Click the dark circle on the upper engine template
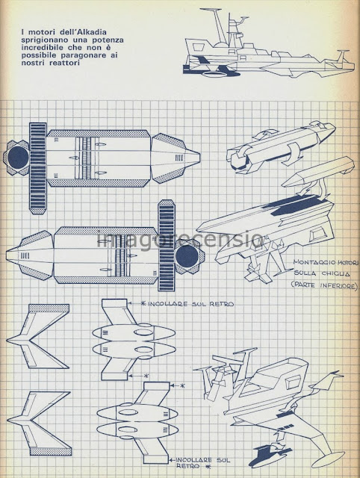[19, 158]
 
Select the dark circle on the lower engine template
[187, 255]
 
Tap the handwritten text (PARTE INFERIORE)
[323, 285]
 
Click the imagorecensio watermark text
[180, 240]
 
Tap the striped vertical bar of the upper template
[38, 168]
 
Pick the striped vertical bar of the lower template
[167, 246]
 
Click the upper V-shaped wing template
[38, 336]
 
